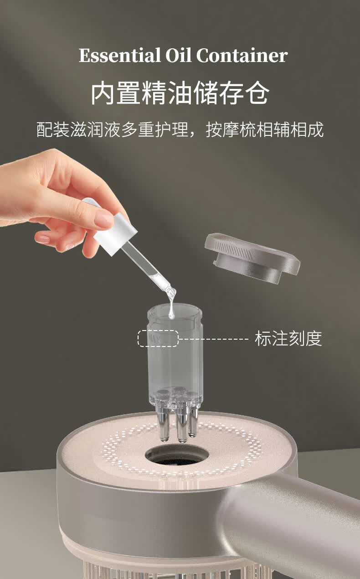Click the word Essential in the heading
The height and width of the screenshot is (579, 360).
point(119,56)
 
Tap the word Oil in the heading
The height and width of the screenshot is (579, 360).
point(178,55)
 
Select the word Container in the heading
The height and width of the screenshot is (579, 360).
point(242,55)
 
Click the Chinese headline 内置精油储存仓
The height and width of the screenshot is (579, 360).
point(180,93)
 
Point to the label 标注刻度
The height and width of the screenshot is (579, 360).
point(288,338)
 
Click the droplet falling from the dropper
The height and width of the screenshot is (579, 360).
point(171,310)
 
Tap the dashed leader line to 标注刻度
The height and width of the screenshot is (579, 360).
point(214,339)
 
